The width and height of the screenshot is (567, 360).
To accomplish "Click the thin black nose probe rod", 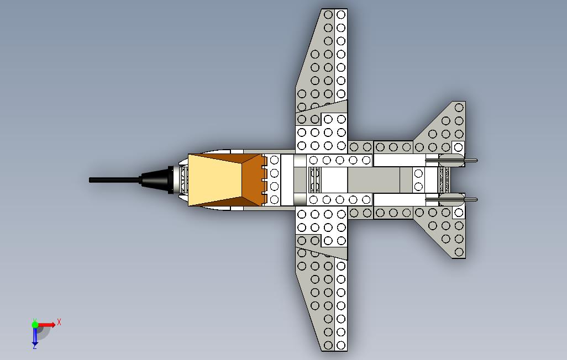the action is click(115, 179).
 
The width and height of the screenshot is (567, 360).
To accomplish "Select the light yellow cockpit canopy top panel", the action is click(215, 180).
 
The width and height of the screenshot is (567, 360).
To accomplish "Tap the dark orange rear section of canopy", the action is click(252, 180).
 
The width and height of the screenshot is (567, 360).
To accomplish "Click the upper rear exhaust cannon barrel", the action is click(452, 160).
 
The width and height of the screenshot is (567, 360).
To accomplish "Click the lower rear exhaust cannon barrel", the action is click(452, 199).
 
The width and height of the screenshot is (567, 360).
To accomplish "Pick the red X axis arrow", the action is click(46, 325).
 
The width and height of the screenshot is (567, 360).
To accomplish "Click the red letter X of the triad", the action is click(59, 322).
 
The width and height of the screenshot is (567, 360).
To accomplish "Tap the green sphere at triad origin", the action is click(35, 325).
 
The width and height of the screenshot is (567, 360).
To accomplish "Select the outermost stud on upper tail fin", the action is click(459, 107).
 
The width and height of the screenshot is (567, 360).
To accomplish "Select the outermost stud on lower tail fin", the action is click(459, 252).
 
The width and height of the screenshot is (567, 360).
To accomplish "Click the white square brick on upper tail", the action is click(459, 147).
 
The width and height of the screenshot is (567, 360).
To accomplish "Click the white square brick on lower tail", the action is click(459, 213).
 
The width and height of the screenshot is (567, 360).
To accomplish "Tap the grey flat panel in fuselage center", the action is click(374, 179).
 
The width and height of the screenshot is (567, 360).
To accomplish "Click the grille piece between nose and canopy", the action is click(183, 179).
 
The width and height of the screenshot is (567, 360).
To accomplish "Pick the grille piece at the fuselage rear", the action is click(444, 179).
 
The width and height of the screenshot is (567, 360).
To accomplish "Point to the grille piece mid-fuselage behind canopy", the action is click(314, 179).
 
